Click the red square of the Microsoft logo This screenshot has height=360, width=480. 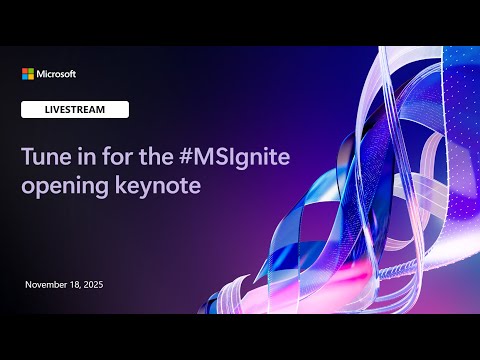click(25, 71)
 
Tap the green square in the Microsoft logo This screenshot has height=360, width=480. click(30, 71)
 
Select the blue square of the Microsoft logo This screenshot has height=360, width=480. click(25, 76)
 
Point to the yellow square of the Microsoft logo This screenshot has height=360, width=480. click(30, 76)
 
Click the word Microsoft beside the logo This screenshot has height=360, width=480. click(56, 74)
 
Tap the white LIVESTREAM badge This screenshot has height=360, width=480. click(75, 110)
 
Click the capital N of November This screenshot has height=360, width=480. click(28, 285)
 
